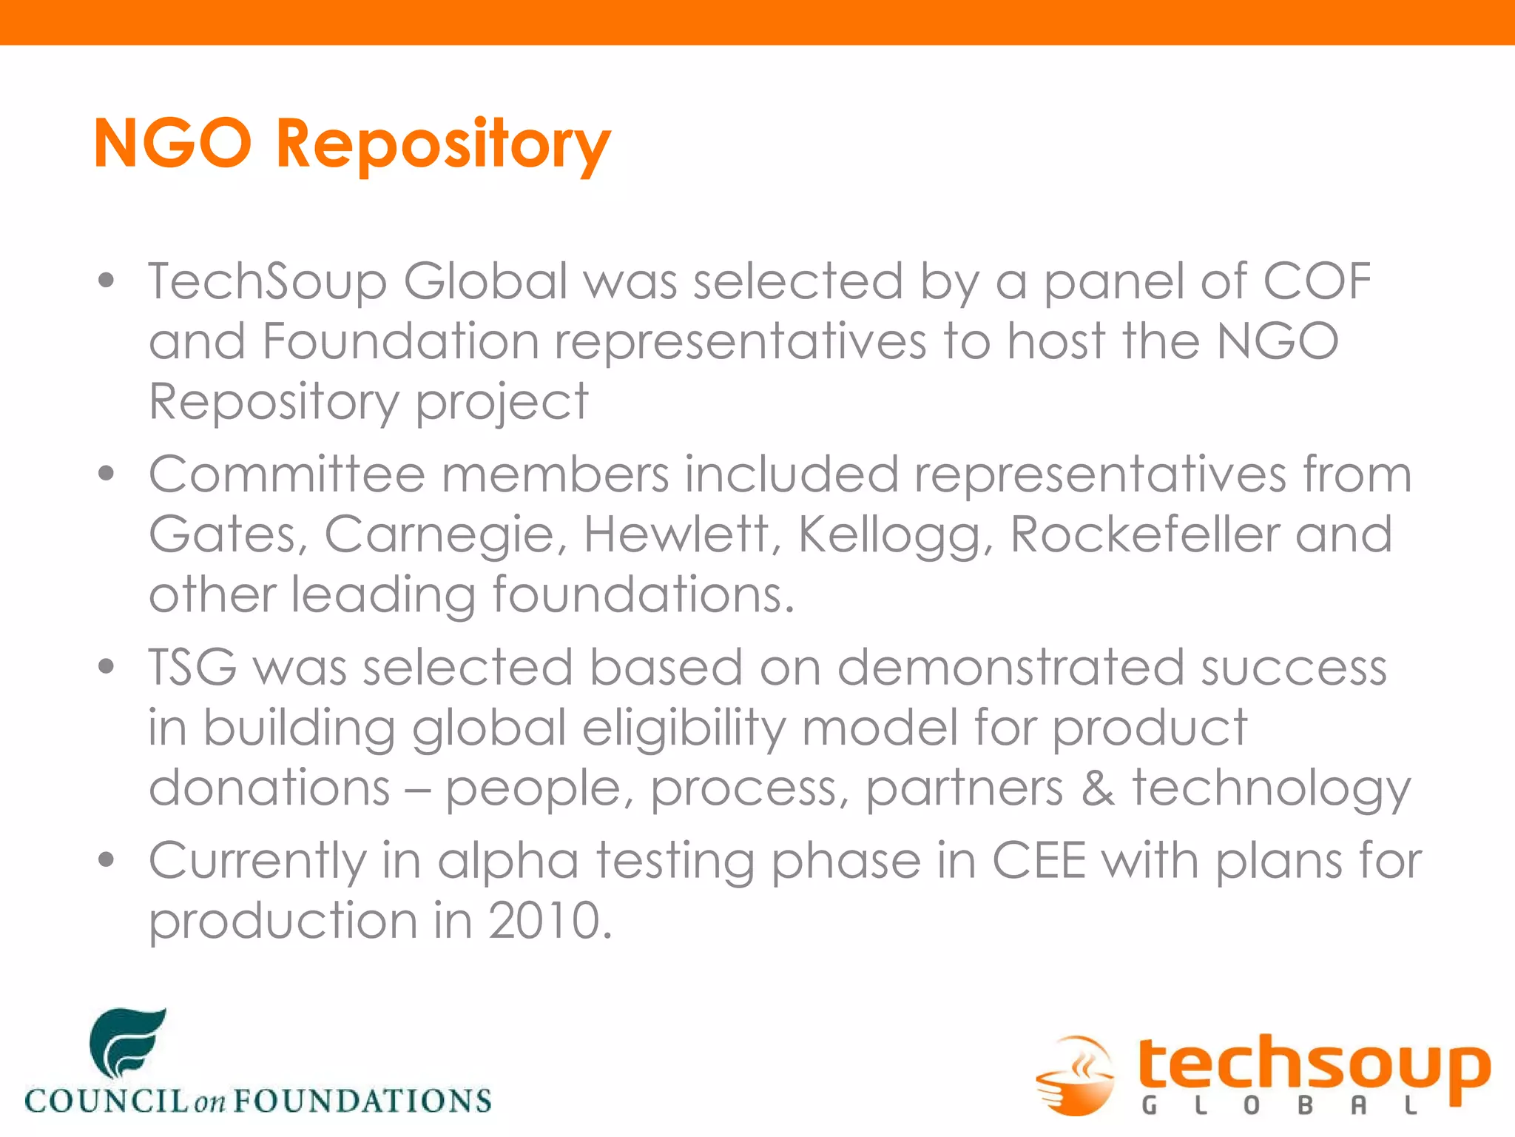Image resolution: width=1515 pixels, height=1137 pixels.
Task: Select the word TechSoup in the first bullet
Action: tap(267, 282)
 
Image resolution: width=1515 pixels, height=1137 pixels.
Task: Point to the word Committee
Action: tap(286, 474)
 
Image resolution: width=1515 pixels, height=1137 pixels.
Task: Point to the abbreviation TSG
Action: tap(192, 667)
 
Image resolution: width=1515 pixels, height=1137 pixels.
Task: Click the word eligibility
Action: tap(684, 729)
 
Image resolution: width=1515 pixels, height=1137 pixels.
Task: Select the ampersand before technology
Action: tap(1098, 788)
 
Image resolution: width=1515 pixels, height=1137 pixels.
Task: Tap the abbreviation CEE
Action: tap(1039, 861)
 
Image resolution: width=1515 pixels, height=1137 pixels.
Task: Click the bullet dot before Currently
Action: tap(107, 859)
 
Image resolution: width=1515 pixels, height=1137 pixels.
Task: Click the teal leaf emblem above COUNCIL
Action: tap(127, 1042)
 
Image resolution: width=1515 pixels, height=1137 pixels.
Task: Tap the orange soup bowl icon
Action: tap(1076, 1075)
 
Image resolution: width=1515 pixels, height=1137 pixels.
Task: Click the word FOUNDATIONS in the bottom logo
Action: tap(362, 1101)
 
